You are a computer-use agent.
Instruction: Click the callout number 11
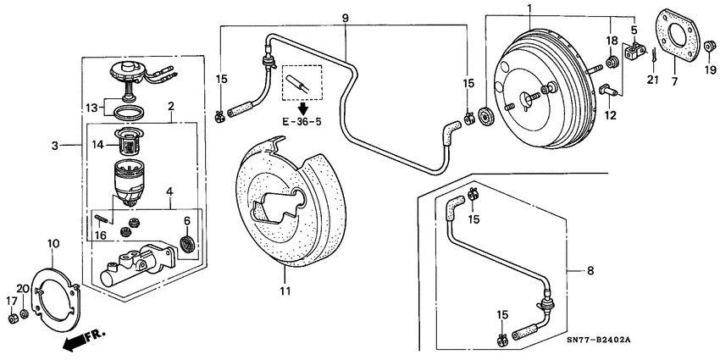click(x=285, y=291)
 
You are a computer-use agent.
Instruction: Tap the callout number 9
click(x=345, y=16)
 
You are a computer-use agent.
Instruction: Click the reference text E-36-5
click(x=303, y=119)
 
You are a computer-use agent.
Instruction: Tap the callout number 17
click(x=11, y=300)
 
